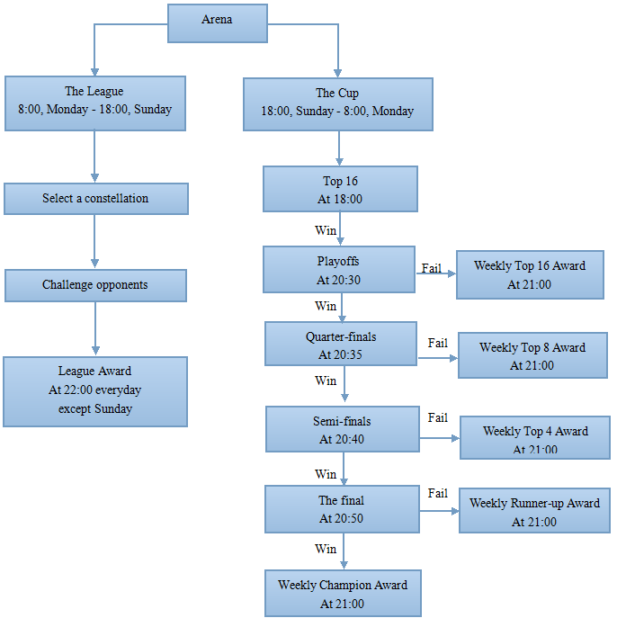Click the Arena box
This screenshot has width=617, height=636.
[218, 23]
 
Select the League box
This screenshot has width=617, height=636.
[95, 103]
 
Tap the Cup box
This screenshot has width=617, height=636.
[338, 104]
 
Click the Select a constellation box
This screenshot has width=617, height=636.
[96, 199]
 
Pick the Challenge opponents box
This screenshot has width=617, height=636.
[95, 285]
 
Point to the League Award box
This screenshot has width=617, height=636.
[95, 392]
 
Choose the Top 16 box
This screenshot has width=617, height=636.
[340, 189]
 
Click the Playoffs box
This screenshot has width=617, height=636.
[339, 269]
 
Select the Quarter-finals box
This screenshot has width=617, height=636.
[341, 344]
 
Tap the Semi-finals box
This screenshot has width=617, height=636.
[343, 429]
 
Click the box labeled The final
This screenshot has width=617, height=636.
[343, 509]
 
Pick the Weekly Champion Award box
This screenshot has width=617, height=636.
[344, 594]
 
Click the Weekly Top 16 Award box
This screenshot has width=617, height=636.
[530, 275]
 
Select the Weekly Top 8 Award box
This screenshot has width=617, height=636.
[533, 355]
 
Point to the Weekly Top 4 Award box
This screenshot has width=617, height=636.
[535, 438]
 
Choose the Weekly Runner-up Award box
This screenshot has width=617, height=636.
[534, 511]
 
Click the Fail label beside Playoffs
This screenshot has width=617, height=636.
[431, 268]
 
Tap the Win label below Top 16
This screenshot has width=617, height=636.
[326, 230]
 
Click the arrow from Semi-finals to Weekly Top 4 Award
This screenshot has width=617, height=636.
[439, 438]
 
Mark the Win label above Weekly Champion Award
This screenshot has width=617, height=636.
[326, 549]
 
